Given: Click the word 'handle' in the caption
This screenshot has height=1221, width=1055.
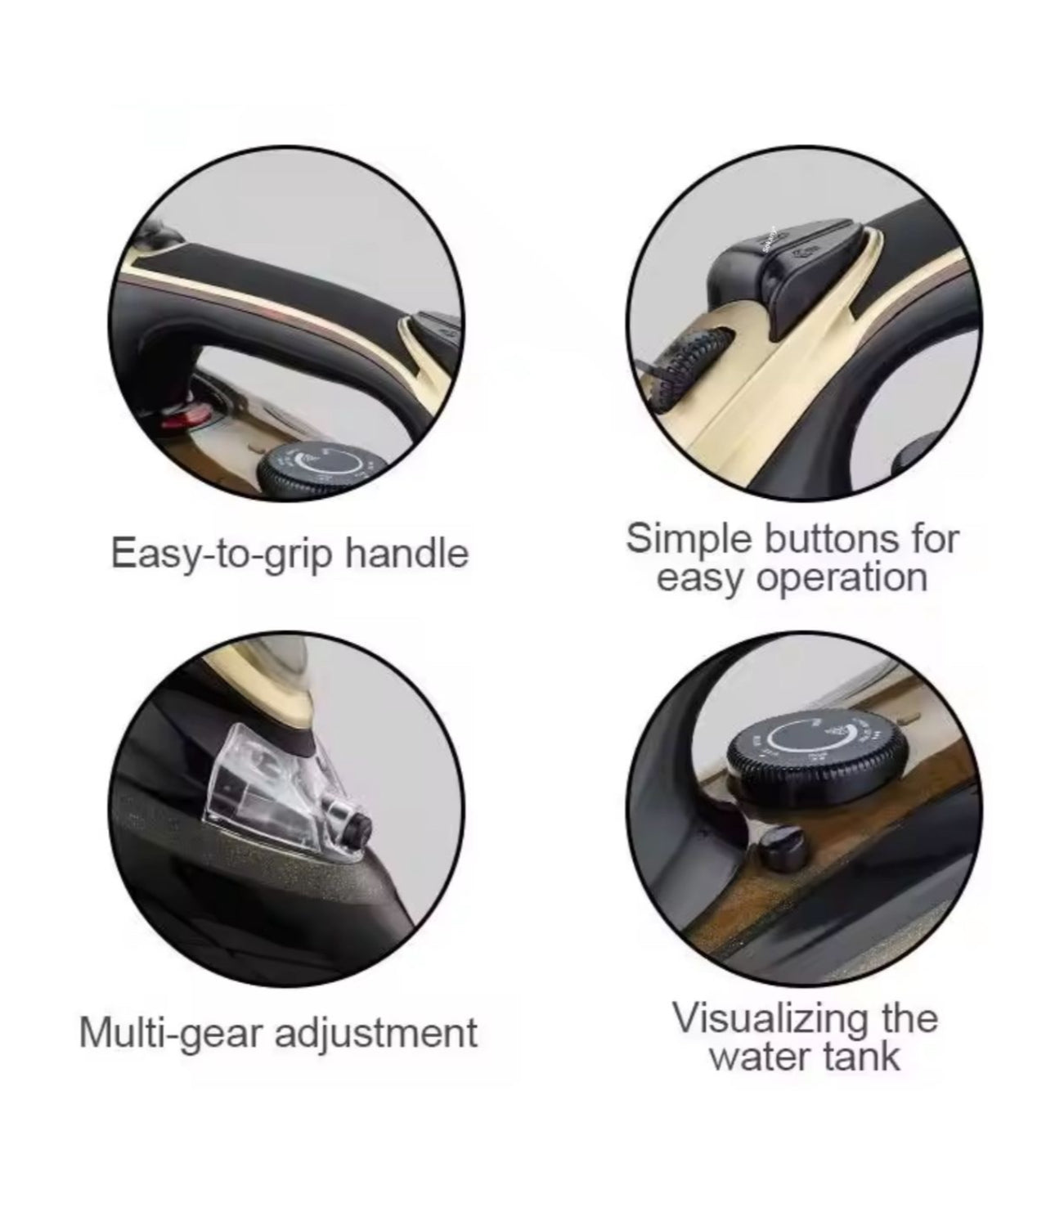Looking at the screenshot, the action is pyautogui.click(x=407, y=554).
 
